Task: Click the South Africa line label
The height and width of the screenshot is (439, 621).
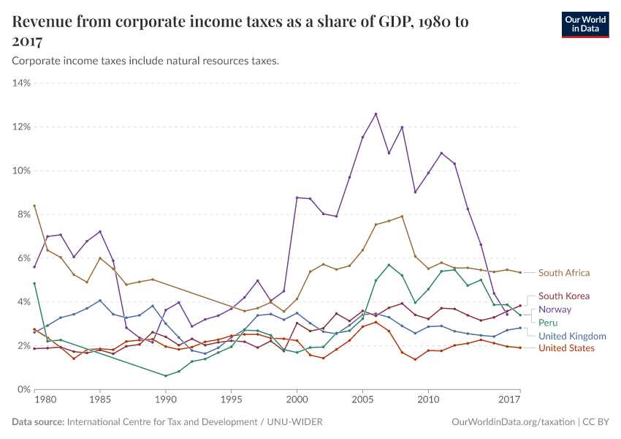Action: coord(563,273)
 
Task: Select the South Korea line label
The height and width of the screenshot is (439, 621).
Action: coord(563,296)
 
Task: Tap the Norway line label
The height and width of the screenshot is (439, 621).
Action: coord(555,309)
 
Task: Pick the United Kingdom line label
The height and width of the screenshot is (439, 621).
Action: coord(572,336)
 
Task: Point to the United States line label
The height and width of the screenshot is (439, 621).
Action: coord(566,348)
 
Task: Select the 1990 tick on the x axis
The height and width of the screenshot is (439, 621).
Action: coord(166,400)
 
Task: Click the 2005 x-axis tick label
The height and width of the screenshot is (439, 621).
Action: coord(362,400)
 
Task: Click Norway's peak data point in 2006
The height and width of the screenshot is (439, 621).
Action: coord(376,113)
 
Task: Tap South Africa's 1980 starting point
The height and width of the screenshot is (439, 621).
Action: coord(34,206)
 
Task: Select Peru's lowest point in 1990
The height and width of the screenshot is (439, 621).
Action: coord(166,376)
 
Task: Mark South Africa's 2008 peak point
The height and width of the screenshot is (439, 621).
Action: coord(402,216)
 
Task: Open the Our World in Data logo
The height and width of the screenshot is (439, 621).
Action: coord(584,24)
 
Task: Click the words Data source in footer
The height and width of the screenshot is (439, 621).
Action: coord(38,422)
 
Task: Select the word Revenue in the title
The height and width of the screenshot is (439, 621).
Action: coord(45,22)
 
